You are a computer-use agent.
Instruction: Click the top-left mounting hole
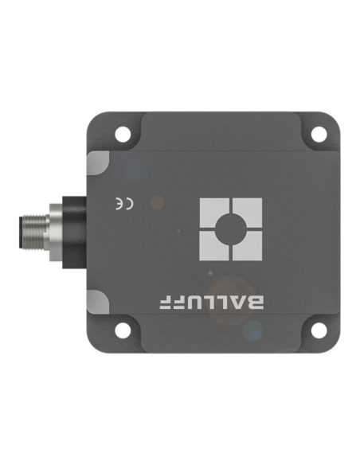click(x=123, y=135)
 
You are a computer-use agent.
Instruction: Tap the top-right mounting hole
click(x=319, y=134)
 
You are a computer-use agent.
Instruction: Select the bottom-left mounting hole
click(x=123, y=330)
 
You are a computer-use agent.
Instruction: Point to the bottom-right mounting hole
click(x=319, y=330)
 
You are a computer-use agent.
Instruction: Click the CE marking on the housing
click(x=124, y=205)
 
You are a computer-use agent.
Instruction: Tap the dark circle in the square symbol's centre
click(x=231, y=229)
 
